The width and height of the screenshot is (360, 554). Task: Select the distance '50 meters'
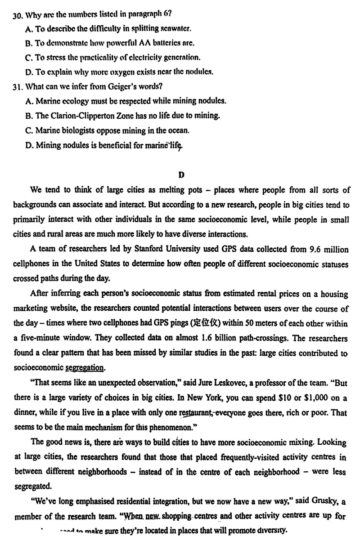255,323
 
